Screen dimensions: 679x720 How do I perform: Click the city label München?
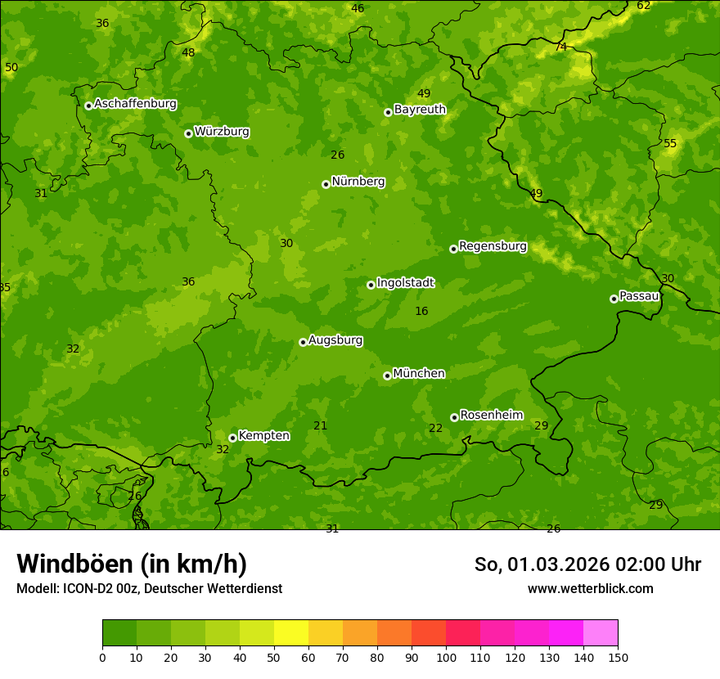pos(419,374)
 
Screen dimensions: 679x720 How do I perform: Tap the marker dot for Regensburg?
pos(453,249)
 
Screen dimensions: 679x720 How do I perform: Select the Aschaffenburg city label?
pos(135,104)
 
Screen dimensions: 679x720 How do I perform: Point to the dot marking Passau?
pos(614,299)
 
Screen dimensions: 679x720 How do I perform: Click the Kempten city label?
pos(263,436)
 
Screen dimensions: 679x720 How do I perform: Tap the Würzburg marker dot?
pos(188,133)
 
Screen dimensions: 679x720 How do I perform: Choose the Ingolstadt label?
pos(405,283)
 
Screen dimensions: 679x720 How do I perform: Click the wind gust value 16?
pos(421,311)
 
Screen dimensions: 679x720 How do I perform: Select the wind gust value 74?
pos(560,47)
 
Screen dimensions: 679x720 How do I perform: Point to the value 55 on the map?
pos(670,144)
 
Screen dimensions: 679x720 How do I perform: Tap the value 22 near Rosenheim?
pos(435,428)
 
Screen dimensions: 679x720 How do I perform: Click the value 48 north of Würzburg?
pos(188,52)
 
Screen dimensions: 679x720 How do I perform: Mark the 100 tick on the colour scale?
pos(446,657)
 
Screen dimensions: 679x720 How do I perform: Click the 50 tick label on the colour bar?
pos(274,657)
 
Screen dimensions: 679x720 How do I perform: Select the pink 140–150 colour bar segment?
pos(601,632)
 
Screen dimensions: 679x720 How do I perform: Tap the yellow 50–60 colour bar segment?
pos(291,632)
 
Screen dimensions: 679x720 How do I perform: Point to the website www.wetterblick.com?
pos(590,588)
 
